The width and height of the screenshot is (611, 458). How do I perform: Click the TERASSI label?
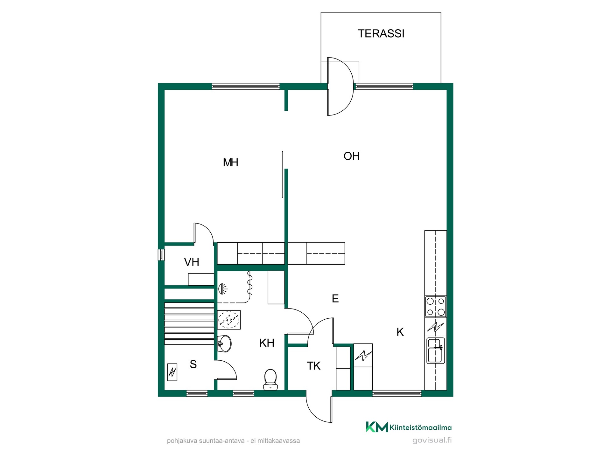pyautogui.click(x=381, y=33)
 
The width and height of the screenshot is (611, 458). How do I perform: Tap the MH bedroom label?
pyautogui.click(x=230, y=163)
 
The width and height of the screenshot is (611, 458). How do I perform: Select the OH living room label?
pyautogui.click(x=352, y=156)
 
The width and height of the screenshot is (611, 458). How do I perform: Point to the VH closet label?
pyautogui.click(x=192, y=262)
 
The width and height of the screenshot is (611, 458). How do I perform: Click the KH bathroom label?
pyautogui.click(x=267, y=343)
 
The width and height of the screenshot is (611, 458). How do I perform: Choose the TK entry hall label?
pyautogui.click(x=313, y=366)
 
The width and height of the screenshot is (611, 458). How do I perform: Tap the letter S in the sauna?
pyautogui.click(x=193, y=364)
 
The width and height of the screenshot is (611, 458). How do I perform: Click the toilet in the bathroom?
pyautogui.click(x=270, y=379)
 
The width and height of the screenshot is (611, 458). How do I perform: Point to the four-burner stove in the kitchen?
pyautogui.click(x=436, y=307)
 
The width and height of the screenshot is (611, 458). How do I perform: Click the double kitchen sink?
pyautogui.click(x=436, y=350)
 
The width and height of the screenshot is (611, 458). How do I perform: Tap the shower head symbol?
pyautogui.click(x=222, y=289)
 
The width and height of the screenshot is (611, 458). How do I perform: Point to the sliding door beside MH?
pyautogui.click(x=282, y=175)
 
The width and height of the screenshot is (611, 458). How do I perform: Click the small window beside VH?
pyautogui.click(x=161, y=255)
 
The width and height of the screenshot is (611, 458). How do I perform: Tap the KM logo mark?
pyautogui.click(x=377, y=427)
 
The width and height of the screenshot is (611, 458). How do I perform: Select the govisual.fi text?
pyautogui.click(x=432, y=441)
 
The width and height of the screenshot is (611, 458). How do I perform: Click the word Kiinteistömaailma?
pyautogui.click(x=420, y=428)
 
